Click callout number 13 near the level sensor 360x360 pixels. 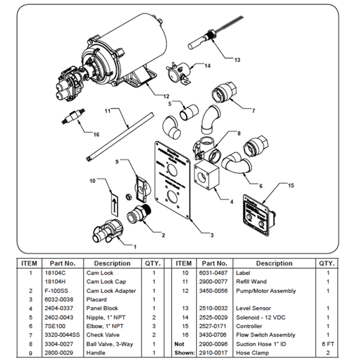236,60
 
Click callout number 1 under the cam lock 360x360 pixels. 134,246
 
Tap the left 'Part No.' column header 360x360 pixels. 62,263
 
